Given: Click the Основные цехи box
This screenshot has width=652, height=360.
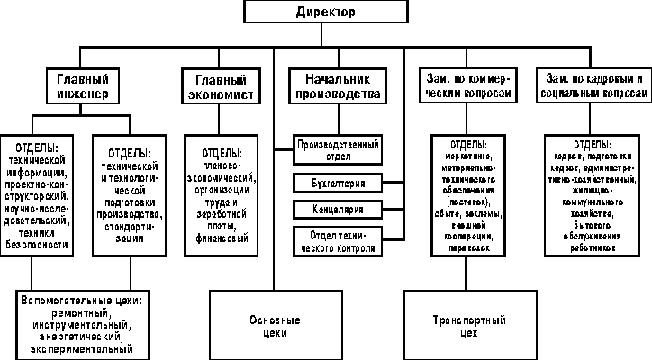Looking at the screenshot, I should (x=270, y=326).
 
